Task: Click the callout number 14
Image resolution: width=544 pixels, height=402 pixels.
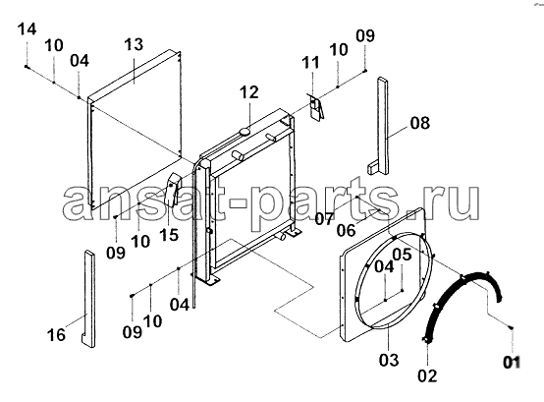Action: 27,29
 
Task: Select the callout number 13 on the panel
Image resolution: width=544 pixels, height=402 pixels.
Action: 134,45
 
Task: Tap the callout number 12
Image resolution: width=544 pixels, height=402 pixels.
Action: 249,92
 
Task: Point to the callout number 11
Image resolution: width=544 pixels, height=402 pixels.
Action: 310,63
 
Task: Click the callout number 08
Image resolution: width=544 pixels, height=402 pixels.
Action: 420,123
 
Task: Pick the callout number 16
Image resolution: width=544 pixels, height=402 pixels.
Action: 56,335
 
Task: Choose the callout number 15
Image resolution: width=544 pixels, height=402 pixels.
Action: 169,235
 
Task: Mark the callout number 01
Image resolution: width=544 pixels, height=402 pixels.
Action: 512,363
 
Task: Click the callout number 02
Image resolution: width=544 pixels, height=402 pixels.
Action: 427,376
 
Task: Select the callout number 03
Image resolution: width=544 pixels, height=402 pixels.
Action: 389,360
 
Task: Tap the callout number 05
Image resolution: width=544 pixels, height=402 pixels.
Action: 402,255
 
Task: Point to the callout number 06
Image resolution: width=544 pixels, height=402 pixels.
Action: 347,230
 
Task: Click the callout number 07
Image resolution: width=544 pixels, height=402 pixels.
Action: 324,219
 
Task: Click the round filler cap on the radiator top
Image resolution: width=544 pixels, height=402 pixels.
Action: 245,132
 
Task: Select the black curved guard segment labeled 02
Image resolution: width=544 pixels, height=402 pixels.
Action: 462,305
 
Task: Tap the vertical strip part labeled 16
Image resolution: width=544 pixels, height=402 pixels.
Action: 87,299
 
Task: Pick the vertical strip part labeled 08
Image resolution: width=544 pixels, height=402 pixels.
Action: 380,126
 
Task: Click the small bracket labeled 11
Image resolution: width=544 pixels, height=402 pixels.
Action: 316,107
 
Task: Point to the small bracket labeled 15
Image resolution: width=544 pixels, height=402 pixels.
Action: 173,190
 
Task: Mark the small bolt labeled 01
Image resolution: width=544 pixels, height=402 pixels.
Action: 511,327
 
